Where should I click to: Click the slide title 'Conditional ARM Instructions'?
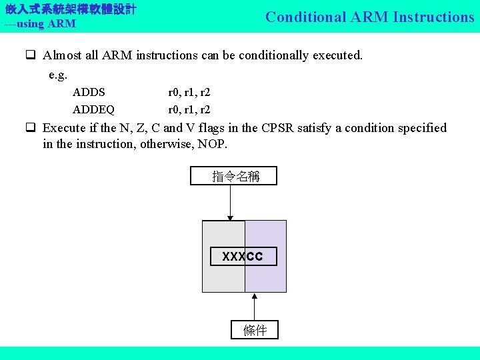[x=369, y=17]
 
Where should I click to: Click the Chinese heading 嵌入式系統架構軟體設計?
[x=71, y=10]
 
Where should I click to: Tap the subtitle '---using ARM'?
[x=40, y=24]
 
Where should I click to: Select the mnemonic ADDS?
[x=89, y=93]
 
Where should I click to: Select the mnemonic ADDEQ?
[x=93, y=109]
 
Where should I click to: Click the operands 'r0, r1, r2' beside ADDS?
[x=189, y=93]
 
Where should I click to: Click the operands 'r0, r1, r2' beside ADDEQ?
[x=189, y=109]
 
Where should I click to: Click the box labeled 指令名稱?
[x=233, y=176]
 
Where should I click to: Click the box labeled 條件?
[x=254, y=330]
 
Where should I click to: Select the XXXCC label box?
[x=243, y=257]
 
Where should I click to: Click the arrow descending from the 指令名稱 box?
[x=230, y=202]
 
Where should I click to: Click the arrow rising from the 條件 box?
[x=254, y=307]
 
